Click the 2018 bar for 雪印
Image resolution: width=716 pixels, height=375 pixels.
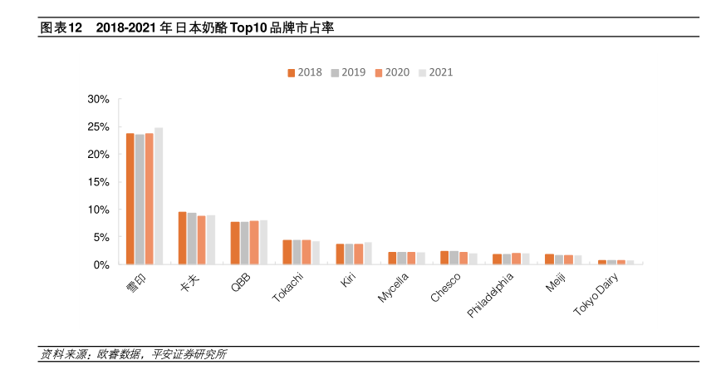click(130, 199)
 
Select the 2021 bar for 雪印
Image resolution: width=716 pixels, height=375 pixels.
click(159, 196)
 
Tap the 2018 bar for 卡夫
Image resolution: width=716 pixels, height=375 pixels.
click(182, 238)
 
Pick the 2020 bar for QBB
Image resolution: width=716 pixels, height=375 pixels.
click(254, 243)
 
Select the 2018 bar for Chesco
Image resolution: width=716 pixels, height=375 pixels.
click(444, 258)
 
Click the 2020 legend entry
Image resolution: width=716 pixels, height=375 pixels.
click(391, 72)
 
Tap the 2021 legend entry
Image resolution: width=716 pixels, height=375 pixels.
click(435, 72)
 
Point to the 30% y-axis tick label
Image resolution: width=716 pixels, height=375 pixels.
click(98, 100)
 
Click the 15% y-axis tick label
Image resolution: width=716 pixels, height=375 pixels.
click(98, 182)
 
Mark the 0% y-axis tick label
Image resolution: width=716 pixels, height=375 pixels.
click(101, 264)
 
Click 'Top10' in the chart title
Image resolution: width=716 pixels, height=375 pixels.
click(247, 28)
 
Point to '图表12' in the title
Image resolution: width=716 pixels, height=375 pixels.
click(61, 28)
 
